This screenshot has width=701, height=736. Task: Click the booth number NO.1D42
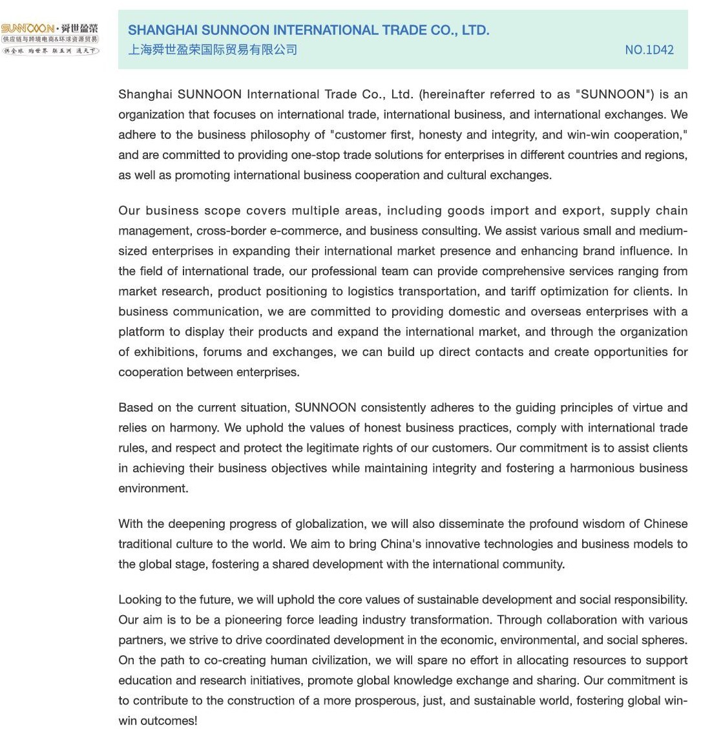(x=649, y=50)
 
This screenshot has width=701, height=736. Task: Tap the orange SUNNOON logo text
(x=26, y=29)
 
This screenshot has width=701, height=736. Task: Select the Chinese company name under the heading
(x=213, y=50)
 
